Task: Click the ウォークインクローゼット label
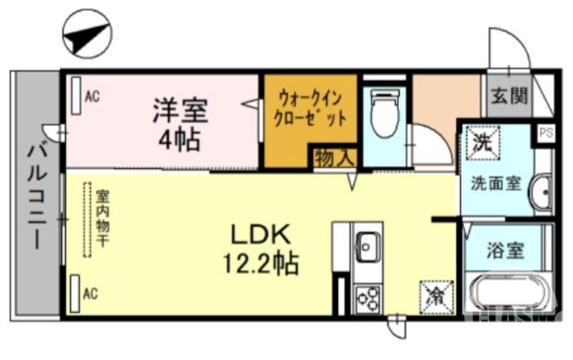pos(309,107)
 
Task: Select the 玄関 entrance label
pos(509,95)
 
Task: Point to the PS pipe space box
pos(546,132)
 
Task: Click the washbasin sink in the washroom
pos(541,192)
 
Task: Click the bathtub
pos(509,293)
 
